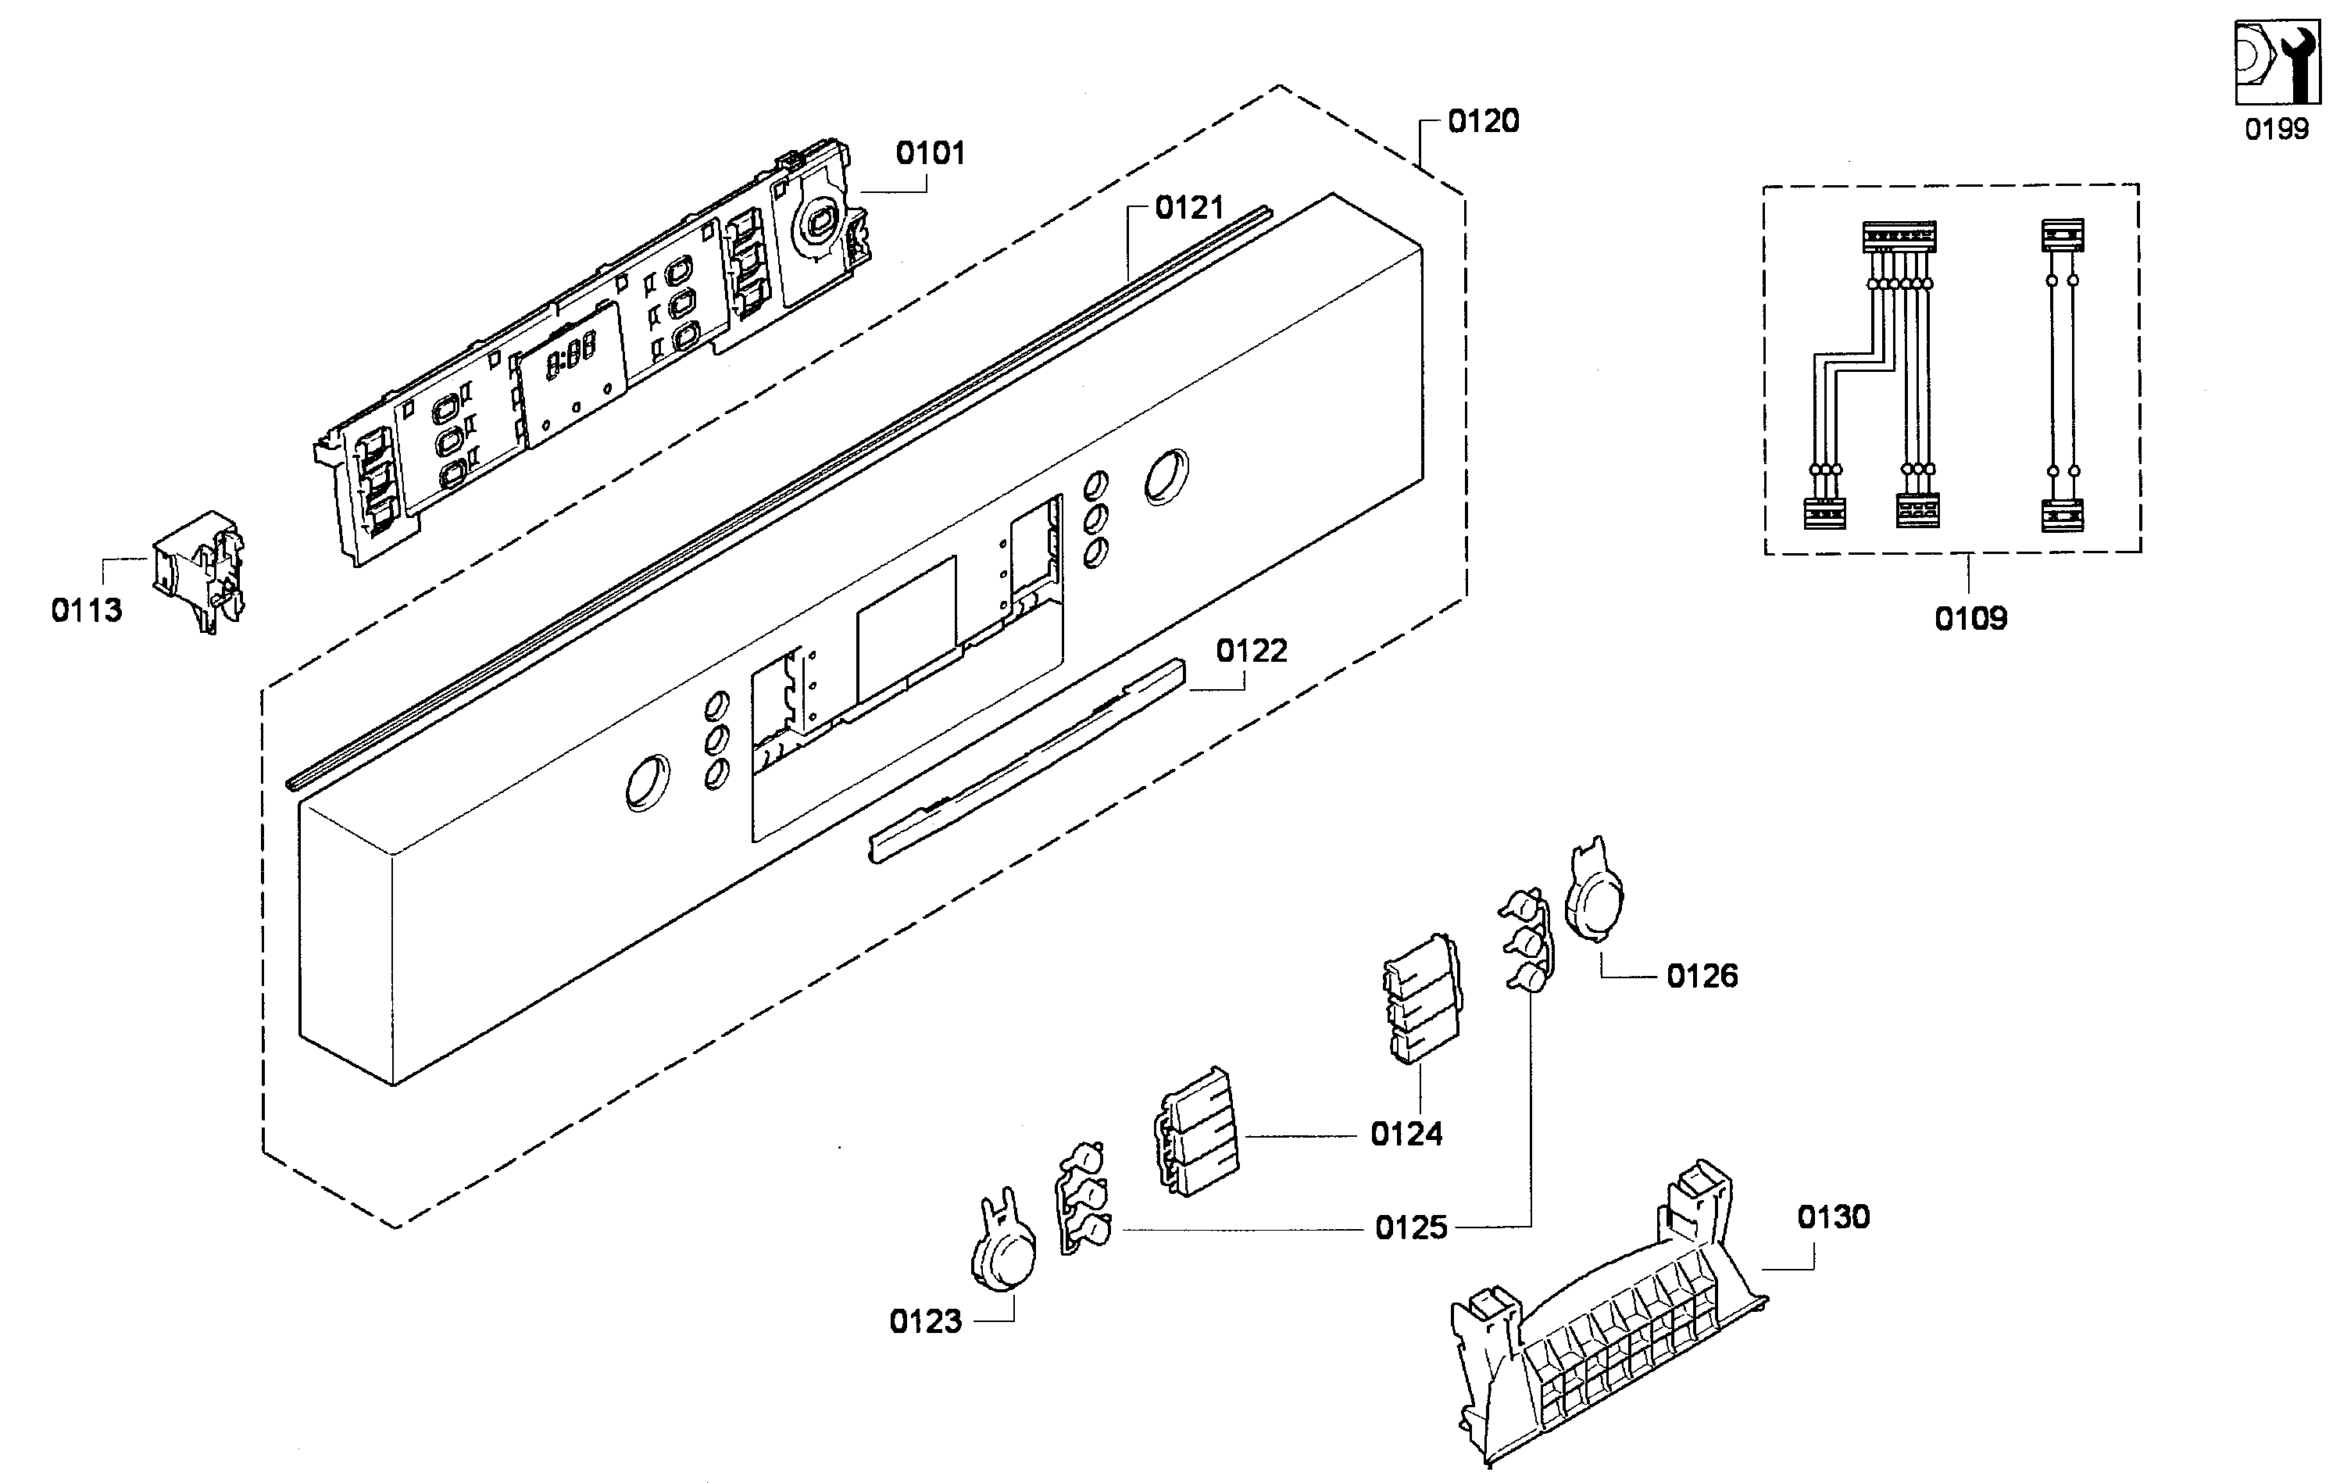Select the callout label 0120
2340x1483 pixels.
[x=1483, y=120]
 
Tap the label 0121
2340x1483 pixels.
[x=1188, y=207]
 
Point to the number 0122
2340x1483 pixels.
[x=1252, y=650]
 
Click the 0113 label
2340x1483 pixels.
[x=87, y=610]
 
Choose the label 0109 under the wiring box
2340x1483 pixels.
[x=1970, y=618]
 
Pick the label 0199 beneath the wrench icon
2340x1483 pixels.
[x=2276, y=128]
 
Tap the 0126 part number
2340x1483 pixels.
[x=1702, y=976]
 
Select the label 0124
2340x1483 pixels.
[x=1406, y=1134]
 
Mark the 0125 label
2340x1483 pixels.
[x=1411, y=1228]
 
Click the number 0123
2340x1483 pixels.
[x=925, y=1322]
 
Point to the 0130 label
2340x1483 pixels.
[x=1833, y=1217]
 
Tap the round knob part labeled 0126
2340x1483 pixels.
[x=1594, y=892]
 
